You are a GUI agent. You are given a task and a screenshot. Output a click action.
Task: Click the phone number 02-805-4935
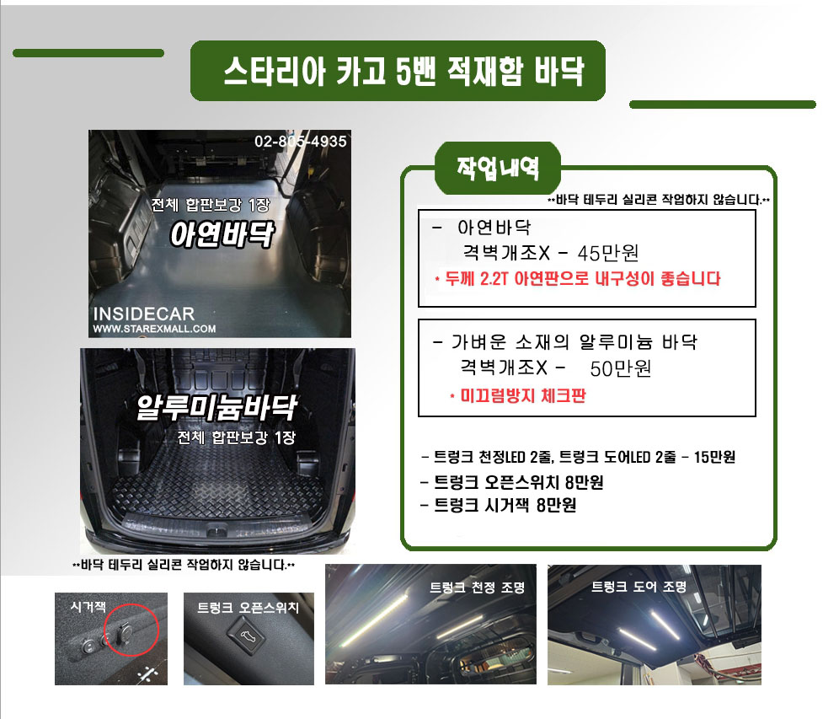pyautogui.click(x=300, y=142)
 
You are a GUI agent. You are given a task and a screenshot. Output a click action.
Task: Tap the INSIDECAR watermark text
pyautogui.click(x=144, y=314)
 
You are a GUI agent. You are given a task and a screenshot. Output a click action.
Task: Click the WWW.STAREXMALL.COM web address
pyautogui.click(x=155, y=329)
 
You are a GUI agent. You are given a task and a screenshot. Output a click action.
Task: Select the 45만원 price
pyautogui.click(x=608, y=253)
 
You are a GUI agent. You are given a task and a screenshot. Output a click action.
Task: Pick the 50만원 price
pyautogui.click(x=621, y=368)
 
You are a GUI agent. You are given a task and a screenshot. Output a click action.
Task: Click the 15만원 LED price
pyautogui.click(x=714, y=457)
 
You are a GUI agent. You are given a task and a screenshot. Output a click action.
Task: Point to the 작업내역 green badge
pyautogui.click(x=498, y=168)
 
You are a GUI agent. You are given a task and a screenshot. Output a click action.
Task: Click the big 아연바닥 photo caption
pyautogui.click(x=222, y=234)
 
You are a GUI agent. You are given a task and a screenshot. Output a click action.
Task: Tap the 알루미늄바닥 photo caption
pyautogui.click(x=216, y=408)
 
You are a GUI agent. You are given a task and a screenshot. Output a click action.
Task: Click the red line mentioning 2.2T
pyautogui.click(x=578, y=279)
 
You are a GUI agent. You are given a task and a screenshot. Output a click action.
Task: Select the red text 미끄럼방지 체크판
pyautogui.click(x=518, y=396)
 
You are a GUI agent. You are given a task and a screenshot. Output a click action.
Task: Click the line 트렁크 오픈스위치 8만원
pyautogui.click(x=512, y=482)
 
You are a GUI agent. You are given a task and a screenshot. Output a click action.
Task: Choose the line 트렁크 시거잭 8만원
pyautogui.click(x=498, y=505)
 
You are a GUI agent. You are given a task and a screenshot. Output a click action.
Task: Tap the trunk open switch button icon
pyautogui.click(x=247, y=636)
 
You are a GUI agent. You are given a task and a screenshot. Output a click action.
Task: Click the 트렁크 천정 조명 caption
pyautogui.click(x=478, y=588)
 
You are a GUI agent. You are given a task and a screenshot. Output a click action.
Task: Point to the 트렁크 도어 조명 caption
pyautogui.click(x=639, y=586)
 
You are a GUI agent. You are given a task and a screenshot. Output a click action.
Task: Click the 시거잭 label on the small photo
pyautogui.click(x=88, y=606)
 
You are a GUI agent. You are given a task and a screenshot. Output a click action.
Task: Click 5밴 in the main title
pyautogui.click(x=415, y=71)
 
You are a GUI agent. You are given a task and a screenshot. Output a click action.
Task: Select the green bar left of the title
pyautogui.click(x=88, y=53)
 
